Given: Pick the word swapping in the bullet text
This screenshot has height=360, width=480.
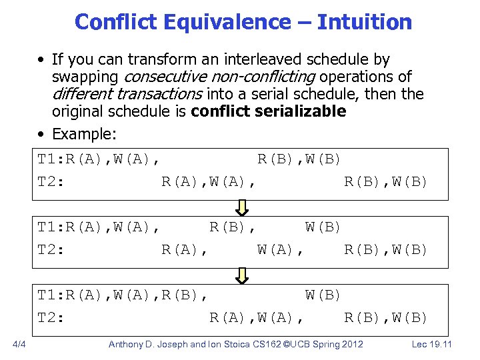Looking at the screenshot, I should [87, 77].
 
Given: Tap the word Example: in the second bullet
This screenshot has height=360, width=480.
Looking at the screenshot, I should [84, 134].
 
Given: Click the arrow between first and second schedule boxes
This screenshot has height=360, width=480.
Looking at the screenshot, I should [243, 207].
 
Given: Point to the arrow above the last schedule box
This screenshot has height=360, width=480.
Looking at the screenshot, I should [243, 275].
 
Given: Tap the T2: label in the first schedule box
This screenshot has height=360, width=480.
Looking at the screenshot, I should [51, 181].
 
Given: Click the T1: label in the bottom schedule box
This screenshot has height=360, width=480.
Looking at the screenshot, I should [51, 295].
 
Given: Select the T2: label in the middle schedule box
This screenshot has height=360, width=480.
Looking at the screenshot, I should [51, 249].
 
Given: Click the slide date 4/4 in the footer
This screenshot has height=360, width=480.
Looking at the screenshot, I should [19, 345].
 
